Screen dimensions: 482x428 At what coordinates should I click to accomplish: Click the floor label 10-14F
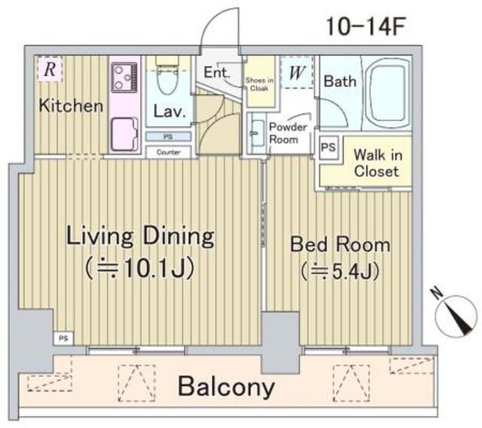coord(365,26)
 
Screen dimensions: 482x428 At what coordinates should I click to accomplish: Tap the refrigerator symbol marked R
coord(50,69)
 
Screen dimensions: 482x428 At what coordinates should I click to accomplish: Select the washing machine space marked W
coord(297,72)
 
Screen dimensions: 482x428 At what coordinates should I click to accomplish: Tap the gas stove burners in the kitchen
coord(124,77)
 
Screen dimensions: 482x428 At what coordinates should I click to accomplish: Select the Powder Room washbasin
coord(257,133)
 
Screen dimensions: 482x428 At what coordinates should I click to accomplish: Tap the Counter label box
coord(168,152)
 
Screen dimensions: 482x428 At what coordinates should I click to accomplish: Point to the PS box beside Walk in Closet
coord(328,147)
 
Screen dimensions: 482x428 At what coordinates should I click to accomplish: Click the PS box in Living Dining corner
coord(63,339)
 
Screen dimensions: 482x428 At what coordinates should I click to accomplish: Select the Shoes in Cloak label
coord(259,84)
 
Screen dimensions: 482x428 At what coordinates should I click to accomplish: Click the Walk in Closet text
coord(377,162)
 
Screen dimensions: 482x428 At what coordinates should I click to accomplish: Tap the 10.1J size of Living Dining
coord(140,269)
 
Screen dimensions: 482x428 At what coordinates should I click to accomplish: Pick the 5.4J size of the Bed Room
coord(340,272)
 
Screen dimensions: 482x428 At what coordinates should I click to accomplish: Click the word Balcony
coord(226,387)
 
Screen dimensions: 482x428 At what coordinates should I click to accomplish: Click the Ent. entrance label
coord(217,72)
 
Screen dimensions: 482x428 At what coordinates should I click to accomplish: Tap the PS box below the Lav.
coord(168,137)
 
